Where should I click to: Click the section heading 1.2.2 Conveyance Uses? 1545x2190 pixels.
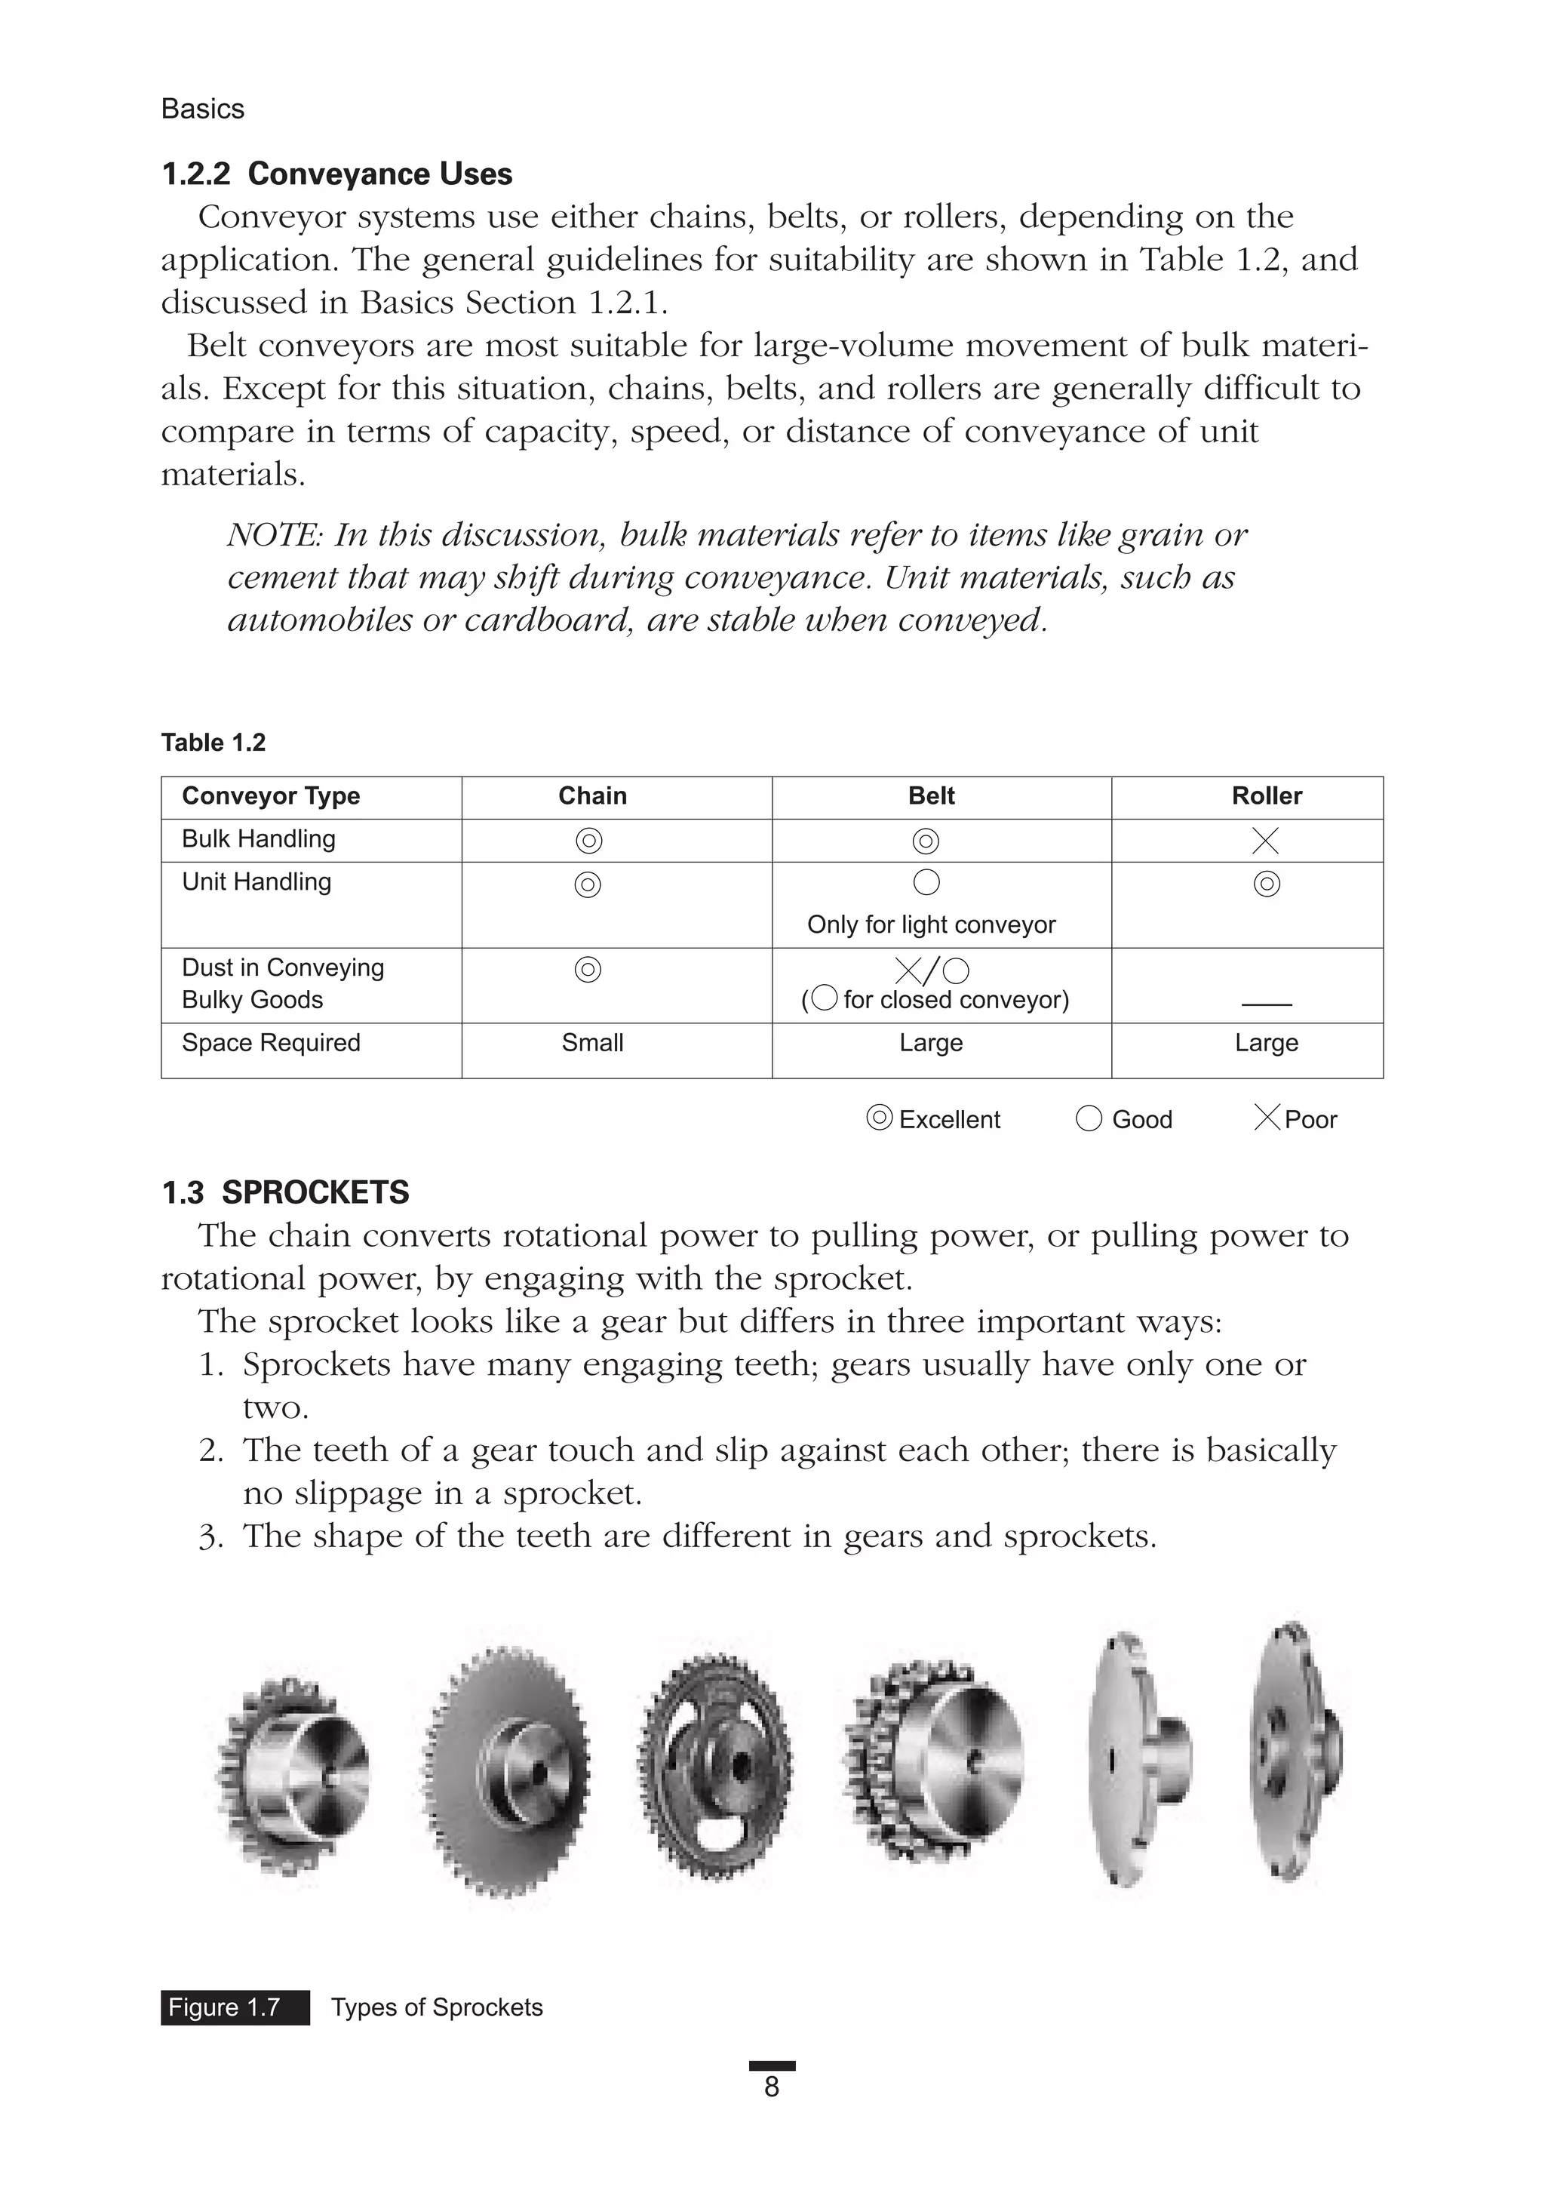point(336,174)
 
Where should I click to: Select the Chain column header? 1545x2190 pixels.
point(592,796)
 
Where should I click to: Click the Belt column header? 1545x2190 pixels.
point(931,796)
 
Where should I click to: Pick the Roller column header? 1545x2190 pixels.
point(1266,796)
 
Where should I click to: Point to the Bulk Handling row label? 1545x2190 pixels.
point(259,839)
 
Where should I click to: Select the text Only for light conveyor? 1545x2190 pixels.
point(931,925)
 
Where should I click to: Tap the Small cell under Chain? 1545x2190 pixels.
point(592,1042)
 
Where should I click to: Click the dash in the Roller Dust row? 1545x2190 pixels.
point(1267,1004)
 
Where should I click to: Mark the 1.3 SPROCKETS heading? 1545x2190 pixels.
point(285,1192)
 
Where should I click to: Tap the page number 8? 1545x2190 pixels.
point(772,2087)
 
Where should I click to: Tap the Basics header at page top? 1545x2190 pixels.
point(202,109)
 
